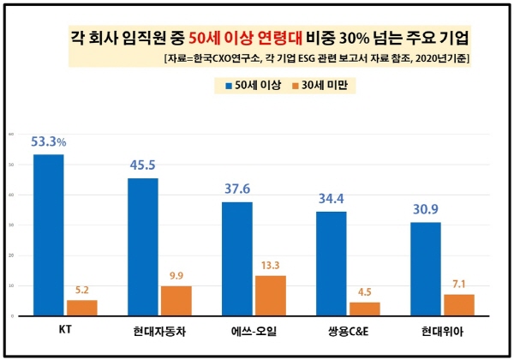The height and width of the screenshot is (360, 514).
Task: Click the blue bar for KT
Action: click(48, 235)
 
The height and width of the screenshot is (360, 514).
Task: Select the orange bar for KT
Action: click(81, 308)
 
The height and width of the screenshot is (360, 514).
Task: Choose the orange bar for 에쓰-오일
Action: click(270, 296)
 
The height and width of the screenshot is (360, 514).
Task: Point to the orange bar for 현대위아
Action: click(458, 305)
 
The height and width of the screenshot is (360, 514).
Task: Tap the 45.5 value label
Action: click(143, 165)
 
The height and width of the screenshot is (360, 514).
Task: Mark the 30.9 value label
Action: click(426, 209)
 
